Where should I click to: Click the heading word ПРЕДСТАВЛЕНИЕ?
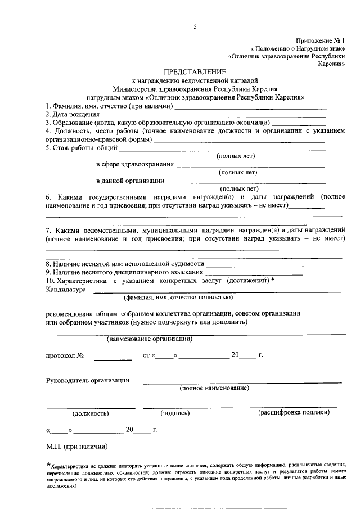point(195,72)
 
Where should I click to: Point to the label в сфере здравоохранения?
point(134,165)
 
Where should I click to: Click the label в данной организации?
point(130,181)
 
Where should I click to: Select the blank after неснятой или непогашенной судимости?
point(255,264)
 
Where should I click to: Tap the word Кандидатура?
point(65,290)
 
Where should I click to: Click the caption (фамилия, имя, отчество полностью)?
point(179,298)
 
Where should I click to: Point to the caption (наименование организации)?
point(150,339)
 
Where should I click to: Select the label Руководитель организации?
point(87,380)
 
